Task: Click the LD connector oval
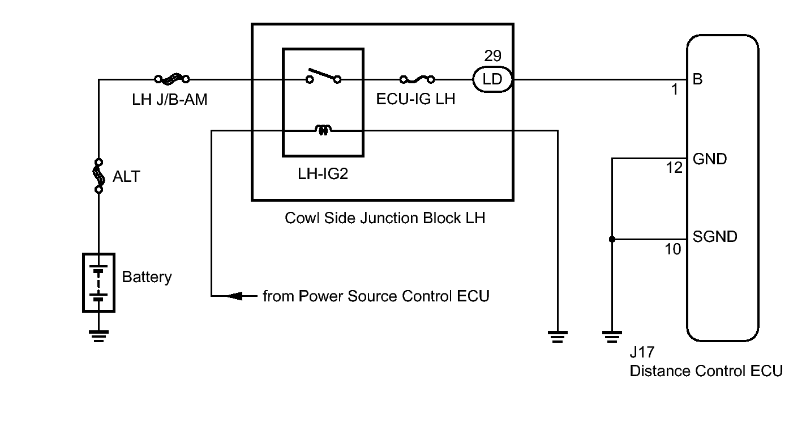[x=492, y=79]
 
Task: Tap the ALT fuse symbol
[x=98, y=176]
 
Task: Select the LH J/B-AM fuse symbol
[x=172, y=79]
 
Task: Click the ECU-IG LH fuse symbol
[x=417, y=79]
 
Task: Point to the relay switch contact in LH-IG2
[x=324, y=75]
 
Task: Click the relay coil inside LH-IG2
[x=323, y=130]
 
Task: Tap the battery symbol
[x=98, y=282]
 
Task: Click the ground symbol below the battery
[x=98, y=336]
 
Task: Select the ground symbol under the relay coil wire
[x=558, y=337]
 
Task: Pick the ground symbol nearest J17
[x=612, y=337]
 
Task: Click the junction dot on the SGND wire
[x=612, y=239]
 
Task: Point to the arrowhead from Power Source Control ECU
[x=234, y=296]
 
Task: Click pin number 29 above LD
[x=492, y=56]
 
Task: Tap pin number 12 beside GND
[x=674, y=168]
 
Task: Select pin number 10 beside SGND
[x=673, y=249]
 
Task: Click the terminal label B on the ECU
[x=697, y=79]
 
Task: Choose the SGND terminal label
[x=715, y=237]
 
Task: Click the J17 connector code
[x=642, y=352]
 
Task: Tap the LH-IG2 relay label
[x=323, y=174]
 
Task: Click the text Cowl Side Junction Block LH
[x=385, y=218]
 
